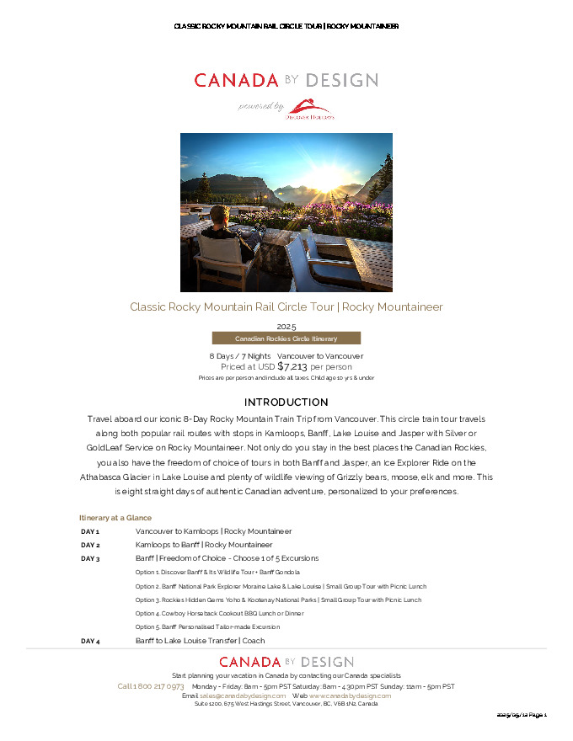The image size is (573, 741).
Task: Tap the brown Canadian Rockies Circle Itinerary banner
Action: click(286, 339)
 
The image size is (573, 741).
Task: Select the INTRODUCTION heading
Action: click(286, 402)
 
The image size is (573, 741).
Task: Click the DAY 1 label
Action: click(90, 532)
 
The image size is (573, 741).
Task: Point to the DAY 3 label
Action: click(90, 558)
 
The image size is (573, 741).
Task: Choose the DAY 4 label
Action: click(90, 642)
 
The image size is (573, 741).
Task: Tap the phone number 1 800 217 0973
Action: click(151, 686)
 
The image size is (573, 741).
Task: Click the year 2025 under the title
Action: click(286, 326)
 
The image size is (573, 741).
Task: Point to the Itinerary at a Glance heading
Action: click(115, 518)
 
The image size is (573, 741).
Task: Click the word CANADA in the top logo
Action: click(236, 81)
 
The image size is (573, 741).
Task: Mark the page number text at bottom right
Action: click(522, 715)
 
